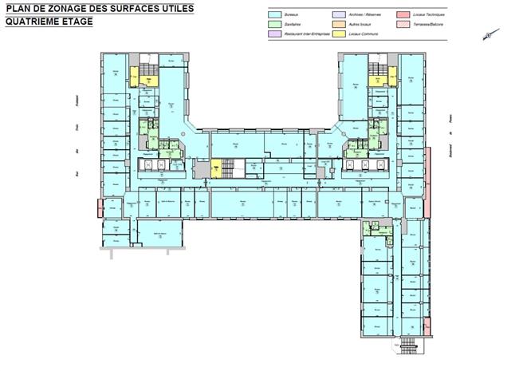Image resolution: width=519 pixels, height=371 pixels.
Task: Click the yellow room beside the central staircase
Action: (215, 168)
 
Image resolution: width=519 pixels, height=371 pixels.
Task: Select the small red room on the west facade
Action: (99, 208)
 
